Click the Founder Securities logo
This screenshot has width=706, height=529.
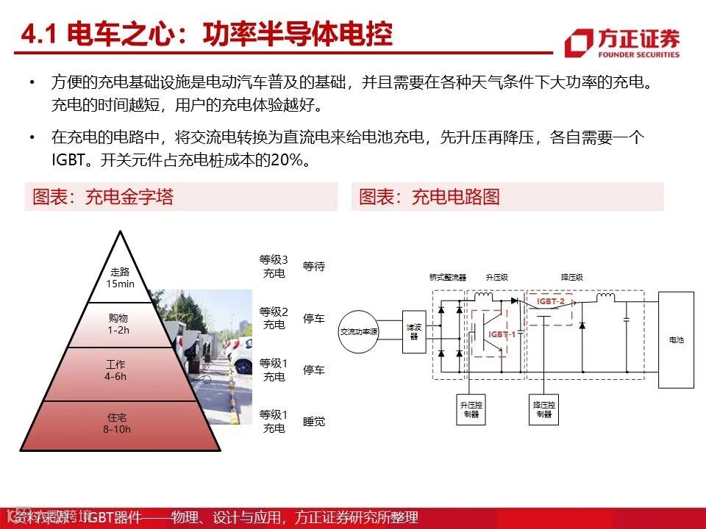622,43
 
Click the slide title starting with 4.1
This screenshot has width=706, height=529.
207,34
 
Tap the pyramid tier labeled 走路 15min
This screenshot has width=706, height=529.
120,277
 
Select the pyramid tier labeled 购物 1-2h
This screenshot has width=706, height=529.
118,323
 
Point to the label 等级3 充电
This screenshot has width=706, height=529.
274,266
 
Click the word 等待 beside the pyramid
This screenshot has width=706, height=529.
314,267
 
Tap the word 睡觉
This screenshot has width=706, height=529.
314,422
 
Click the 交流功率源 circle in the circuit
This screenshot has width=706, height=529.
358,331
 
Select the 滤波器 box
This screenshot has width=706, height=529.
413,331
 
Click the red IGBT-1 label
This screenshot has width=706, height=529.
502,334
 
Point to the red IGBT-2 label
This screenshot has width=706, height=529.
551,301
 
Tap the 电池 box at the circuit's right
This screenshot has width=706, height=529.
676,339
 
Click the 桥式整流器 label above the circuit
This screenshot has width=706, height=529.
448,278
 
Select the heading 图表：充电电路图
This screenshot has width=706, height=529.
429,197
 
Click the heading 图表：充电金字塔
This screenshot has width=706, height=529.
103,197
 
